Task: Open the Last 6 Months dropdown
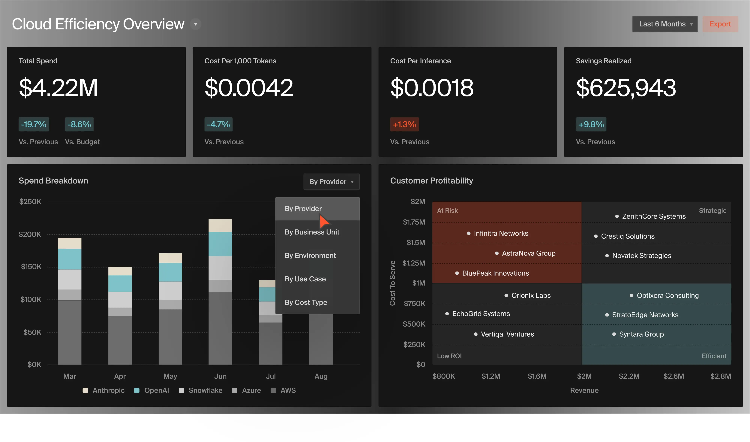664,24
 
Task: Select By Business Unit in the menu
312,232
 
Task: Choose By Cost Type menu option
306,302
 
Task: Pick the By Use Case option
305,279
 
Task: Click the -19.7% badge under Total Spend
34,124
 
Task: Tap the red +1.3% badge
404,124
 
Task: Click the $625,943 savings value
626,88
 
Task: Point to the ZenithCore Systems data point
617,216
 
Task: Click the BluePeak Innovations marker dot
457,273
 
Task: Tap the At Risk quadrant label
447,210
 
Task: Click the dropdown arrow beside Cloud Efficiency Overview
196,24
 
